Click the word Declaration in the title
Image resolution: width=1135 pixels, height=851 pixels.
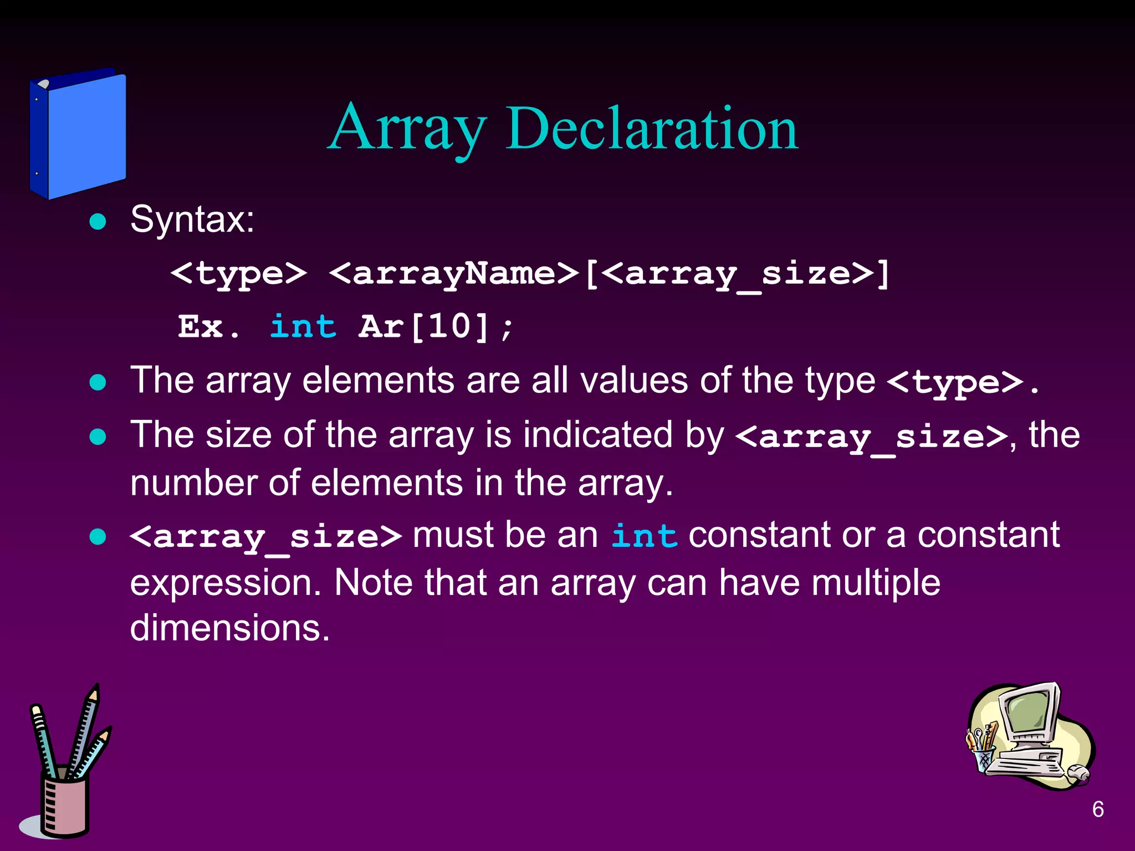tap(652, 129)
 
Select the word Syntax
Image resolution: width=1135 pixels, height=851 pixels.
tap(192, 219)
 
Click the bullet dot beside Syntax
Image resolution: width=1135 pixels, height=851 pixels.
tap(98, 222)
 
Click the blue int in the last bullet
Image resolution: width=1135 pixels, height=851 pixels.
tap(644, 536)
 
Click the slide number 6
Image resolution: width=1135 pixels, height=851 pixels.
tap(1098, 809)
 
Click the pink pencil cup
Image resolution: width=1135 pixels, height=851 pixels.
tap(65, 803)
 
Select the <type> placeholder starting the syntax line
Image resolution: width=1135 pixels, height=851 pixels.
tap(238, 273)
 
